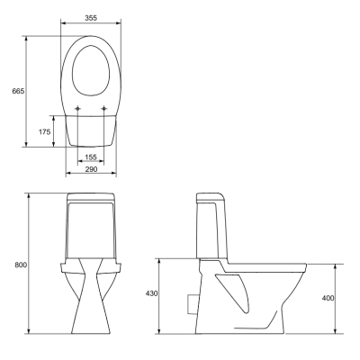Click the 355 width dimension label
point(91,18)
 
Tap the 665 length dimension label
point(18,91)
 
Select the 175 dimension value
point(44,131)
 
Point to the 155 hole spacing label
point(91,157)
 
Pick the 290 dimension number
point(91,169)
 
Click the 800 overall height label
point(21,265)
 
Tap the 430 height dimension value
point(151,293)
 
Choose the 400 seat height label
point(328,298)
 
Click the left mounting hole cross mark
point(77,108)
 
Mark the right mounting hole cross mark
point(104,108)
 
